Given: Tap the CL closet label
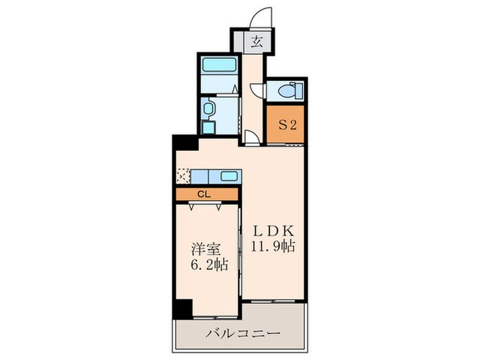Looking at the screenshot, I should tap(204, 194).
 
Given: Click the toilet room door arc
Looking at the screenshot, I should tap(256, 89).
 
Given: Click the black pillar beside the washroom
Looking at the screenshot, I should tap(183, 143).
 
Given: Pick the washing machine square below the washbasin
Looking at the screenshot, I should tap(208, 128).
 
